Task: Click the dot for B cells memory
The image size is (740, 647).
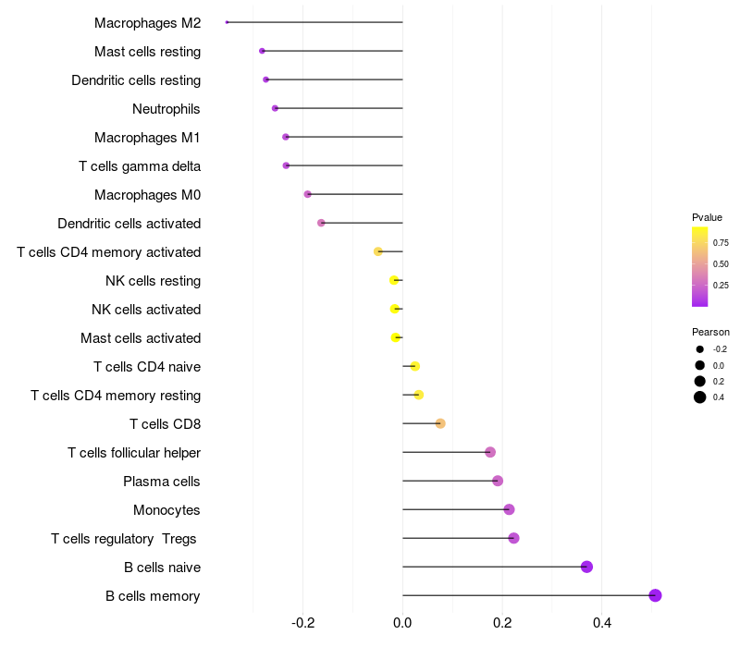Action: [655, 595]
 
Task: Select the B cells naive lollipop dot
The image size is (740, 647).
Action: [586, 567]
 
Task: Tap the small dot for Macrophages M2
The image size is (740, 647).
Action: [227, 22]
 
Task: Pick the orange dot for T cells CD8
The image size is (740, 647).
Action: [440, 423]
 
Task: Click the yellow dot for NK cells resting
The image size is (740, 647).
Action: [394, 281]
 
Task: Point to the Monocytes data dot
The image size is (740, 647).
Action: [509, 510]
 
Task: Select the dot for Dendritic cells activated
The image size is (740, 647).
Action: [321, 223]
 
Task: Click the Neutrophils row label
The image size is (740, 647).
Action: [166, 109]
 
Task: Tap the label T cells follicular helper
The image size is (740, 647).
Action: [134, 453]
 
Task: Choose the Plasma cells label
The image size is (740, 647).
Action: [161, 482]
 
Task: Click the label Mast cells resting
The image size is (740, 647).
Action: [147, 52]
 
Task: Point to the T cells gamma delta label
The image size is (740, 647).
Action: [140, 166]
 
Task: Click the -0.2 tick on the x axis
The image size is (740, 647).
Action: [303, 623]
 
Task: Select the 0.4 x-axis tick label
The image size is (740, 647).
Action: [602, 623]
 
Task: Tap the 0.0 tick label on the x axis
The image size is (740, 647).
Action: [402, 623]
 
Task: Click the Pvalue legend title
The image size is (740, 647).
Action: [707, 217]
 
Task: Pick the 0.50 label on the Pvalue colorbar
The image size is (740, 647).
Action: [721, 264]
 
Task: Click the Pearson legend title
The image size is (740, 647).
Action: [710, 332]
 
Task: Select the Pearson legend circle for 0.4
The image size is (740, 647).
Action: [700, 397]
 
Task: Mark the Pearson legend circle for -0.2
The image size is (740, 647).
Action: [700, 349]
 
